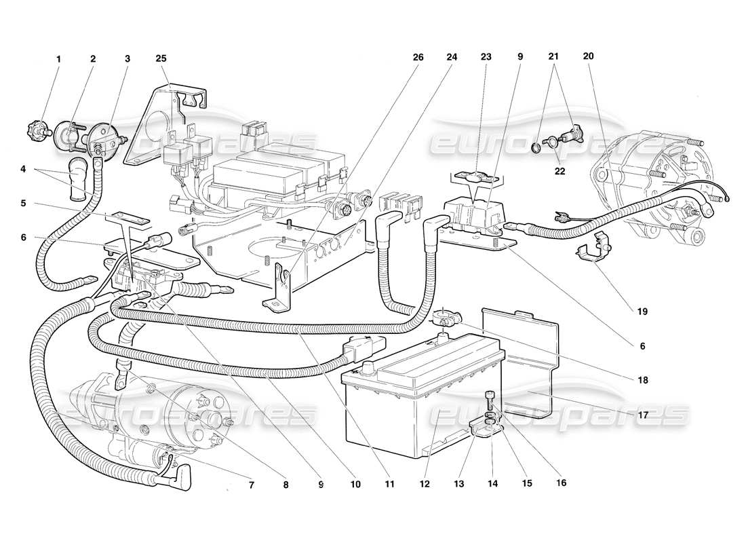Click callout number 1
[58, 59]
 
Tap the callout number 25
[161, 59]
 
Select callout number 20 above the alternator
[587, 58]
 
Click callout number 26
[418, 58]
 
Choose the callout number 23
[485, 58]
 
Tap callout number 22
[559, 171]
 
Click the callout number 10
[355, 485]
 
